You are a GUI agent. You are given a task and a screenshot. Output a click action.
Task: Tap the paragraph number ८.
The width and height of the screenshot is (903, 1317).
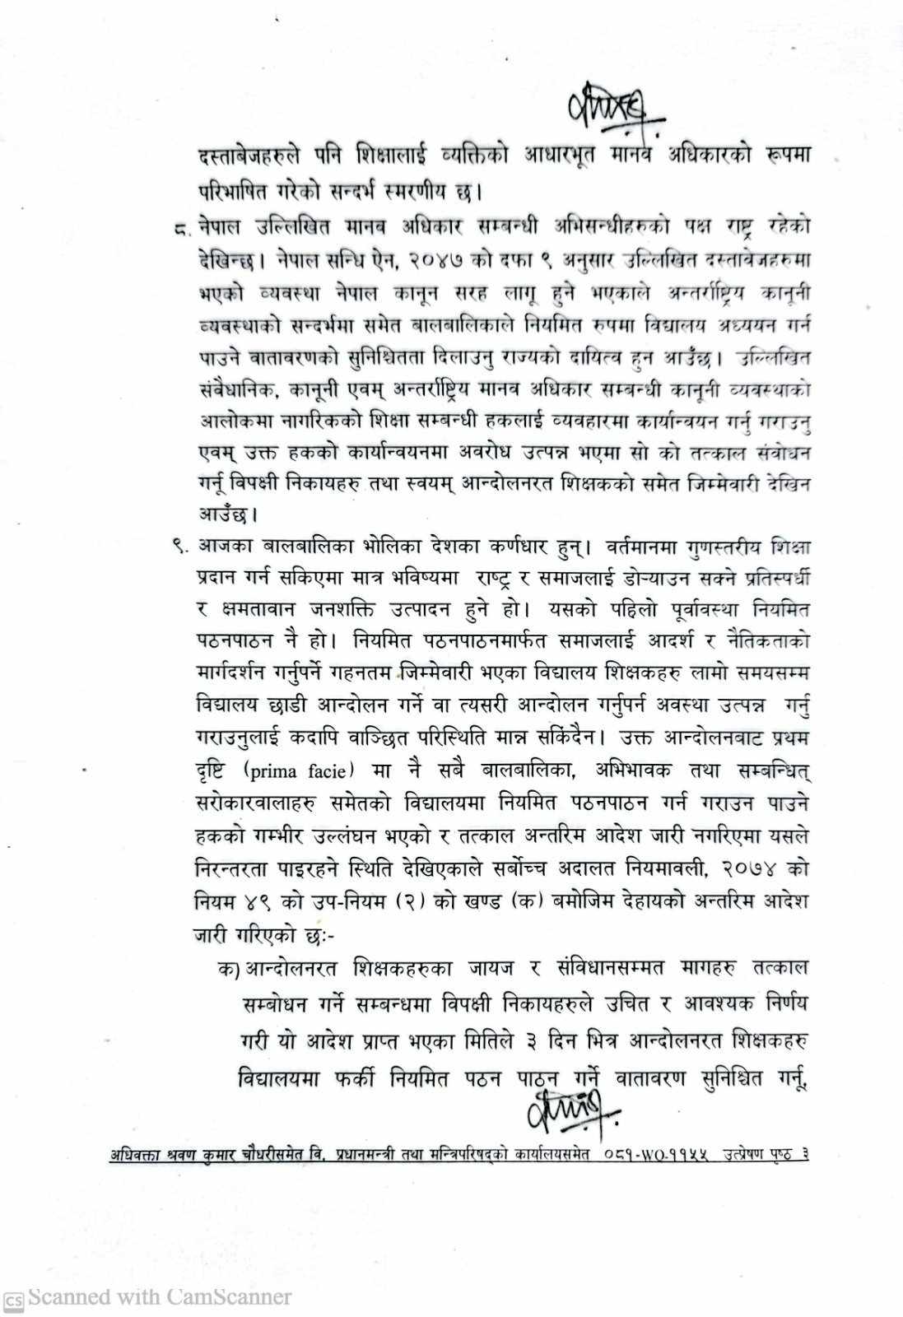coord(178,229)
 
